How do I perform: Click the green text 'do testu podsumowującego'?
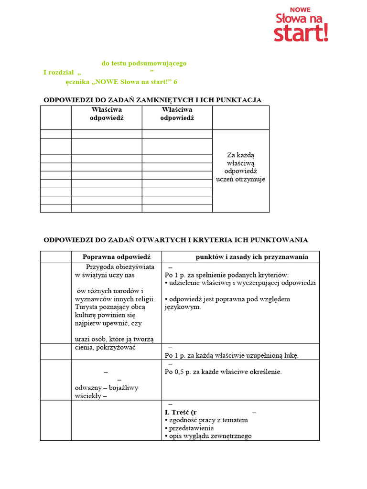144,63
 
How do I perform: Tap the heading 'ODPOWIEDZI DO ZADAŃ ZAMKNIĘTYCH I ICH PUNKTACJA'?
152,100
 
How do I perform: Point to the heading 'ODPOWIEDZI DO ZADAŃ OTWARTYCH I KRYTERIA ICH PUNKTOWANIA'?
176,240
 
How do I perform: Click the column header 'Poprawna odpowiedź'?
117,257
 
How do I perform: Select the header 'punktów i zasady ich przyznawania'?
252,257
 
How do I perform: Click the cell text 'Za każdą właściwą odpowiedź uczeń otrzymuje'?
241,167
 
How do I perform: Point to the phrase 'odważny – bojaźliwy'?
107,387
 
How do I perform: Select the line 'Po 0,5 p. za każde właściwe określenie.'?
223,372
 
